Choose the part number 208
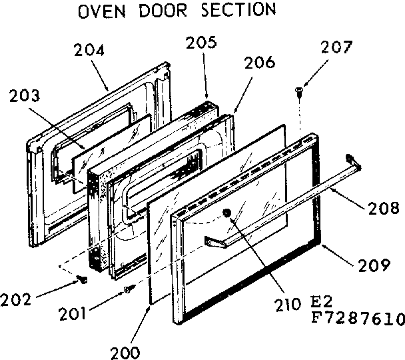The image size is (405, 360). tap(384, 209)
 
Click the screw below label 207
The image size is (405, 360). tap(298, 89)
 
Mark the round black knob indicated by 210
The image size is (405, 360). tap(228, 215)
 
